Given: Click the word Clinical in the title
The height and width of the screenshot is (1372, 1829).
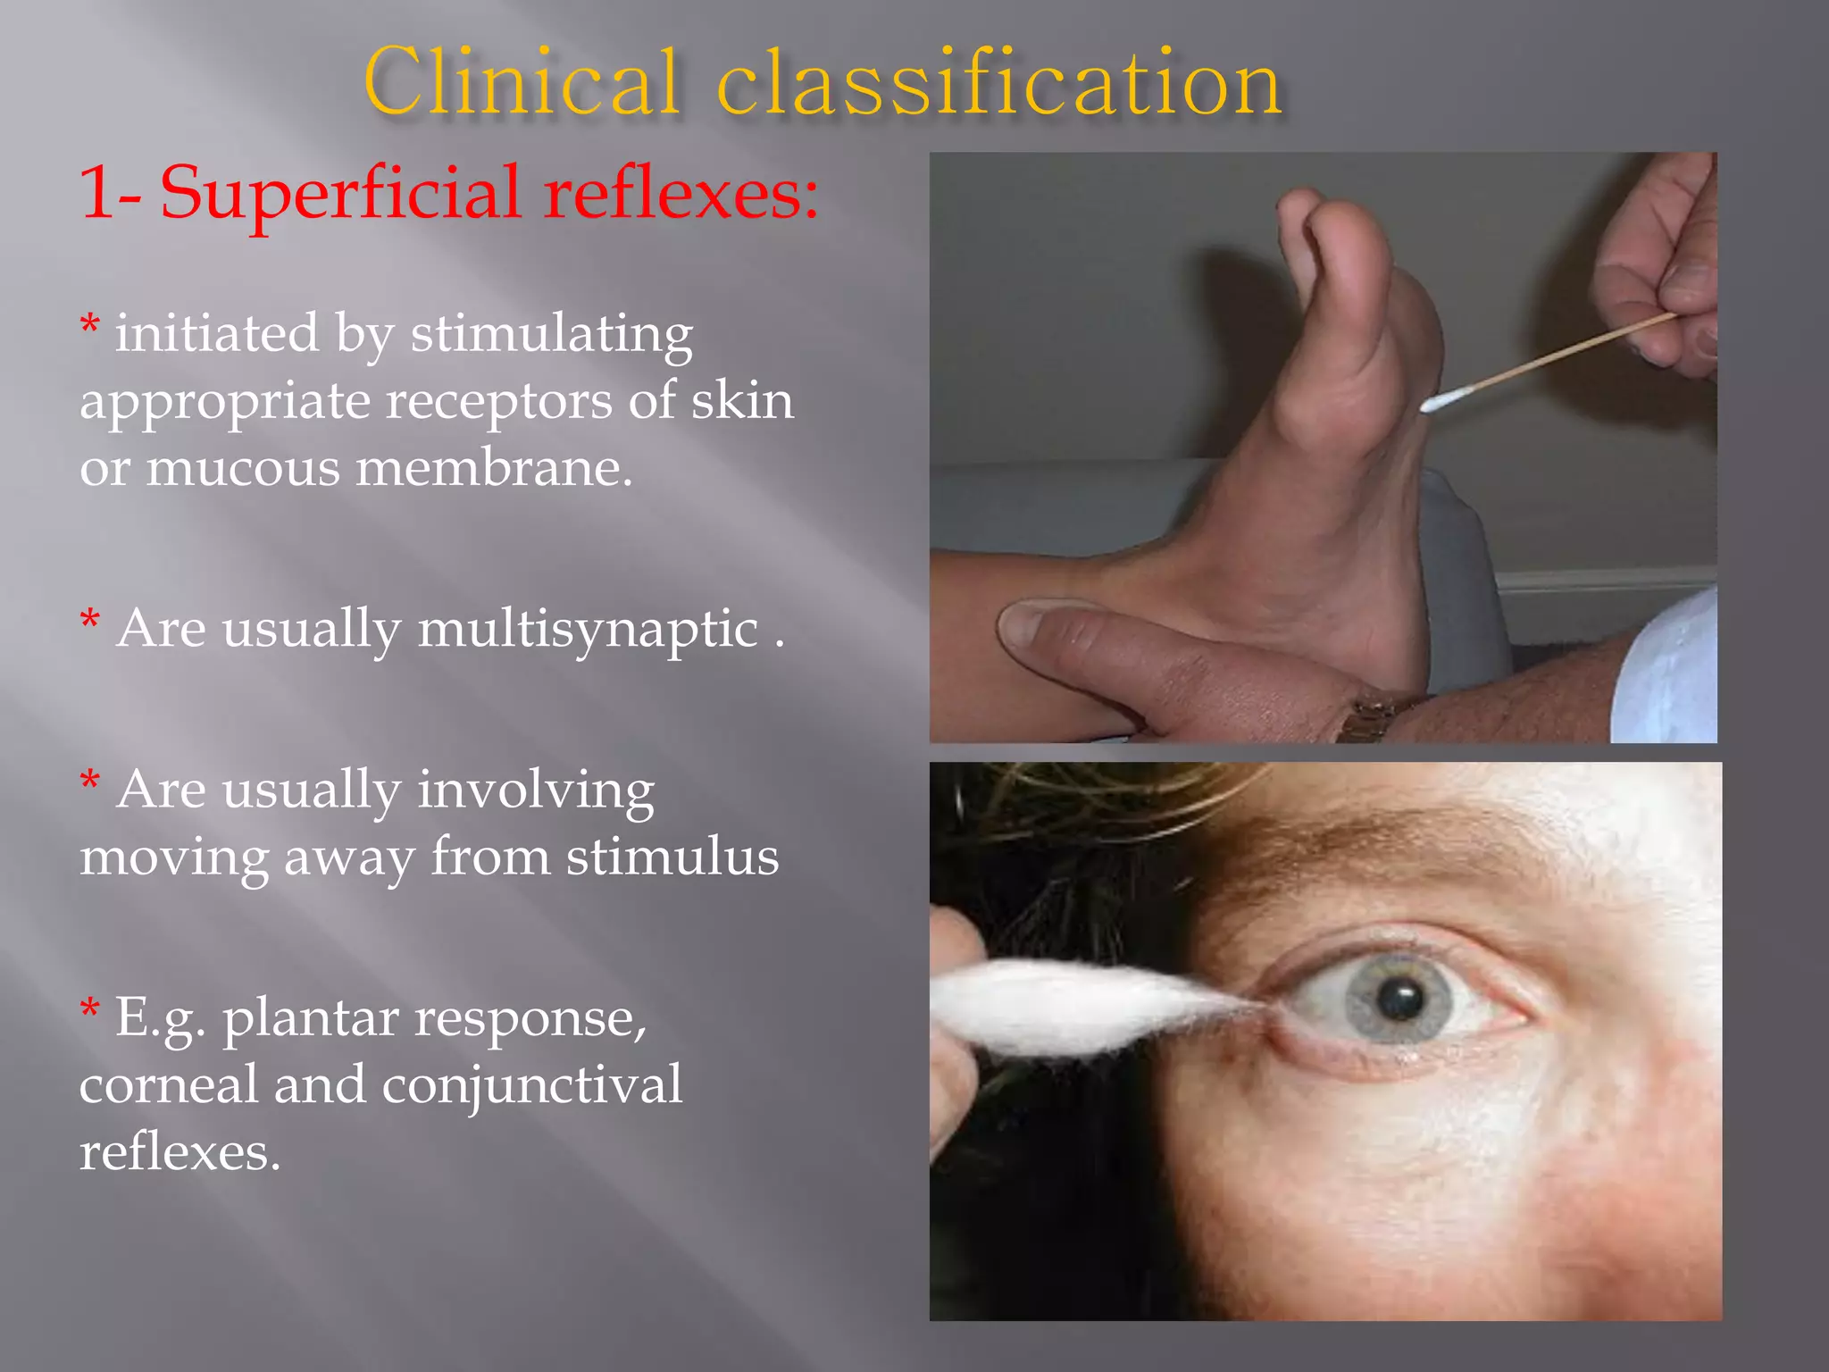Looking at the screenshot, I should tap(522, 82).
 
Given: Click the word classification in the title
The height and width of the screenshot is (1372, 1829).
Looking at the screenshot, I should tap(999, 82).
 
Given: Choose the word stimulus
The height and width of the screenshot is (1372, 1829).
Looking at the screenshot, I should tap(672, 857).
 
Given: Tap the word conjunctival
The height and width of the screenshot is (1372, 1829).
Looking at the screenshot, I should tap(531, 1084).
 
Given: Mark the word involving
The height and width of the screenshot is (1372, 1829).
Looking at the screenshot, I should tap(536, 791).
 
